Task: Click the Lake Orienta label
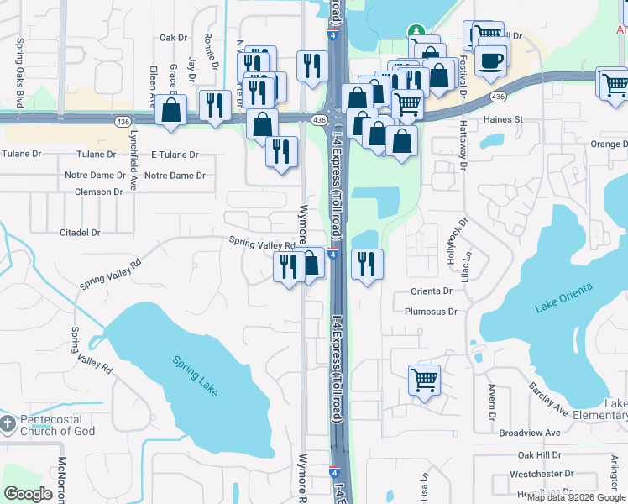(x=563, y=298)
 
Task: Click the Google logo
(x=28, y=494)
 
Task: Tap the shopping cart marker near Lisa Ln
(x=425, y=379)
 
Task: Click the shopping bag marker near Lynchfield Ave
(x=171, y=111)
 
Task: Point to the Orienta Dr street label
(x=432, y=291)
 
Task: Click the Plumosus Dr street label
(x=430, y=311)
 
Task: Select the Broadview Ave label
(x=529, y=433)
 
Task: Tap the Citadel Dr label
(x=80, y=232)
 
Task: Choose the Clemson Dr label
(x=98, y=192)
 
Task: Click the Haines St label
(x=503, y=119)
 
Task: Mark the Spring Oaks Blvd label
(x=18, y=71)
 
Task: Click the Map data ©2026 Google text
(x=576, y=498)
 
